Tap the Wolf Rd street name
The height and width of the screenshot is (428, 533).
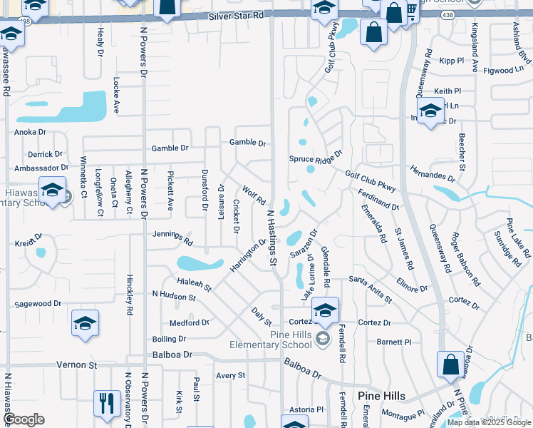[254, 195]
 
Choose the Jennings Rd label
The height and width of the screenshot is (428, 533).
[172, 235]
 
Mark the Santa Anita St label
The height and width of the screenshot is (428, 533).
[370, 291]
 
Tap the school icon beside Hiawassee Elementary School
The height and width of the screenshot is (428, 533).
[53, 190]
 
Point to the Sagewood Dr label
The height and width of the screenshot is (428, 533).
[37, 303]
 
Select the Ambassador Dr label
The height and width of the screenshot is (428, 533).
[37, 168]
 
